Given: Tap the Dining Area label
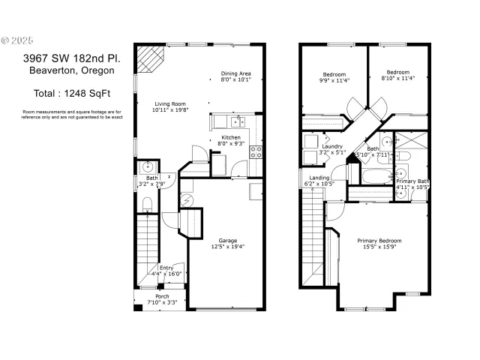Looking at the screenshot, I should coord(235,76).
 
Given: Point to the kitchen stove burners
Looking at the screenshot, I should coord(256,152).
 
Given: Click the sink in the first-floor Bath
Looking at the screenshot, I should coord(147,166).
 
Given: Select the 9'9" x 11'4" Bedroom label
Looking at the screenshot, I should coord(334,77).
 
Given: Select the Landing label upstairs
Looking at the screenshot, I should coord(319,181).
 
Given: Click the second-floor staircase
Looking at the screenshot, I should coord(312,235).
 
